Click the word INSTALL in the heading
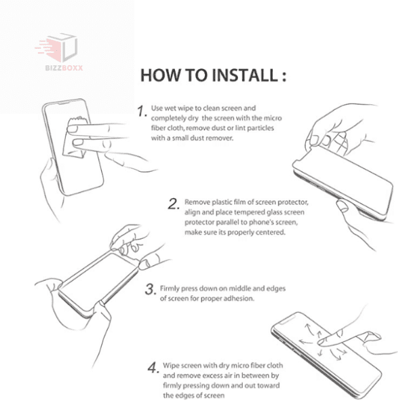coord(245,75)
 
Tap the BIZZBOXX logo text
coord(64,68)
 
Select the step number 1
coord(142,111)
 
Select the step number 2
coord(174,204)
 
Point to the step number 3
coord(151,290)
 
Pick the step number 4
coord(153,368)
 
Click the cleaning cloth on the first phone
coord(76,138)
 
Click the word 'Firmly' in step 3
coord(169,289)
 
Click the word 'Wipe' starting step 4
coord(171,366)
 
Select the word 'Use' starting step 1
coord(157,108)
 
